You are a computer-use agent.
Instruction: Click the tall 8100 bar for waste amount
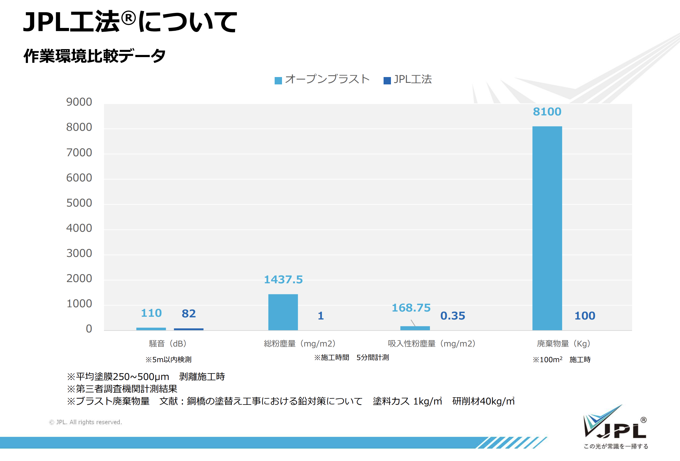(x=547, y=228)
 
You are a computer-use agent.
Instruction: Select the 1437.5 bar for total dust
(x=283, y=312)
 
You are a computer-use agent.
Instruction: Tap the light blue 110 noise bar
(x=151, y=329)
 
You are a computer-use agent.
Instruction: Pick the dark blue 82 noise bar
(x=188, y=329)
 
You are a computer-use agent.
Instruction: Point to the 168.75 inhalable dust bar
(x=415, y=328)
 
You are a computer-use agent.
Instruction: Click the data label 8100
(x=547, y=112)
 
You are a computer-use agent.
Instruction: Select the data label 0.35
(x=453, y=316)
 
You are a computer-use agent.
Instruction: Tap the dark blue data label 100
(x=585, y=316)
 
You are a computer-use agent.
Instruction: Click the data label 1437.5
(x=283, y=280)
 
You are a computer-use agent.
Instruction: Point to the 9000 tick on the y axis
(x=79, y=102)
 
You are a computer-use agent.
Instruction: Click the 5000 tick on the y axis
(x=79, y=203)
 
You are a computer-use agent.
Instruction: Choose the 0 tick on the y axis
(x=89, y=329)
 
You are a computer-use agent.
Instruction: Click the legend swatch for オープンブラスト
(x=278, y=80)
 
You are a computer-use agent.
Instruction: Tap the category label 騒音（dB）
(x=168, y=343)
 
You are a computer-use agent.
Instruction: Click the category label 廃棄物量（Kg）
(x=563, y=343)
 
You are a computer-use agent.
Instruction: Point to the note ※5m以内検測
(x=168, y=359)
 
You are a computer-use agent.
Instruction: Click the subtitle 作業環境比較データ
(x=95, y=56)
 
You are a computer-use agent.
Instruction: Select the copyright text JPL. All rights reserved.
(x=86, y=422)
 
